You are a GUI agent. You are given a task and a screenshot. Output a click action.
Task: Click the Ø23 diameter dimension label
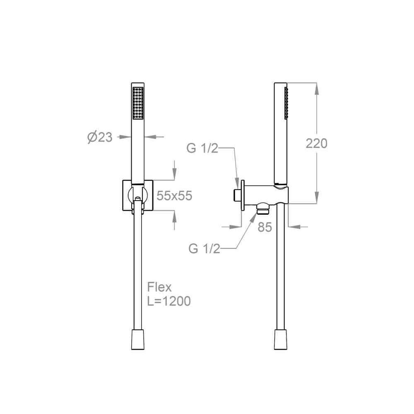point(100,137)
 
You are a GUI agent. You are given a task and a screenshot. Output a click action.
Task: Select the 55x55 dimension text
point(175,196)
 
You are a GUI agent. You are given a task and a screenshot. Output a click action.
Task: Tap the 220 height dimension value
point(317,143)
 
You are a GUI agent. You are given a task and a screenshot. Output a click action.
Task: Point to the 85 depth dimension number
point(265,227)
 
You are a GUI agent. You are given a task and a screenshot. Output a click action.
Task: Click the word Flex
point(159,287)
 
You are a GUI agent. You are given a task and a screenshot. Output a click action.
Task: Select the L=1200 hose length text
point(169,301)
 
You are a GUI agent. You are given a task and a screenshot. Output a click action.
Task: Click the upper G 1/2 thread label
point(202,148)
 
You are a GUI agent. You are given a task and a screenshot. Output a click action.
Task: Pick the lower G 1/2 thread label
point(204,249)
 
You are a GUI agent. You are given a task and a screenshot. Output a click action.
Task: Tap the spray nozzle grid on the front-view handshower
point(138,103)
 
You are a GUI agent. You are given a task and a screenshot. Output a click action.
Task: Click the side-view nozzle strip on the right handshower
point(286,103)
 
